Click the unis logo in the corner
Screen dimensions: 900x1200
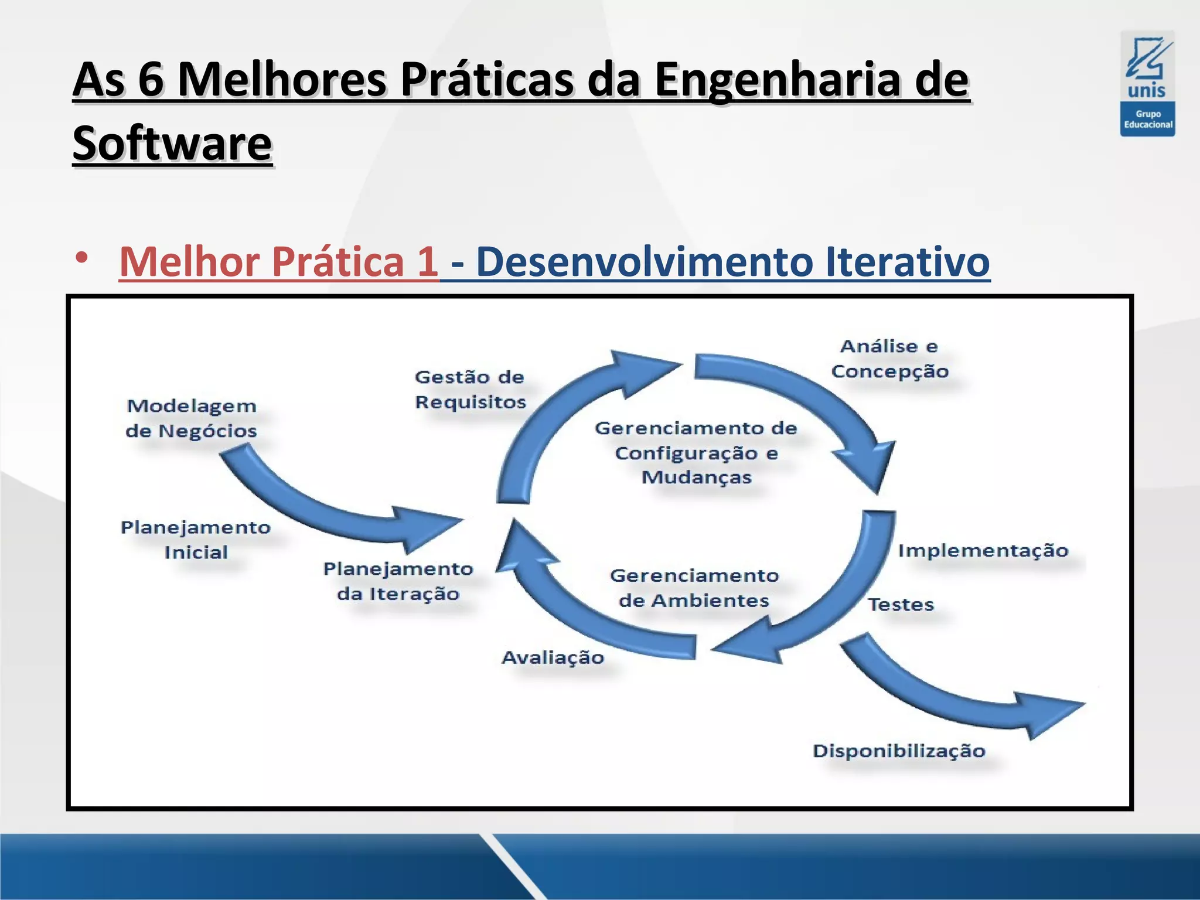point(1147,83)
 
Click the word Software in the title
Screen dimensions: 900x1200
point(172,144)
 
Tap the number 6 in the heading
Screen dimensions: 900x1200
point(151,80)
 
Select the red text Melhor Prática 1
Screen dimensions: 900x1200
point(279,261)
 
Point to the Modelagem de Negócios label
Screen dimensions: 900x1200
point(192,418)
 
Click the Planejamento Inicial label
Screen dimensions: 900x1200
point(196,540)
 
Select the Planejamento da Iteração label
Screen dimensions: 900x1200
point(398,581)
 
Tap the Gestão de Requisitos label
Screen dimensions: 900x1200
point(470,390)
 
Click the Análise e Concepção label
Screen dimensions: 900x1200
point(889,359)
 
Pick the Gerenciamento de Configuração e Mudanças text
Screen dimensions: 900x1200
point(696,452)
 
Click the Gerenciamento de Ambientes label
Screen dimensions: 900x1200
point(694,588)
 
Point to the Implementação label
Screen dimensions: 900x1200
point(983,551)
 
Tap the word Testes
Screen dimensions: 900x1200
point(901,605)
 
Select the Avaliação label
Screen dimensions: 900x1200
point(553,657)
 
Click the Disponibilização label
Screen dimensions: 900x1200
point(899,751)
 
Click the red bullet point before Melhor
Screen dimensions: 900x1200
point(81,257)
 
